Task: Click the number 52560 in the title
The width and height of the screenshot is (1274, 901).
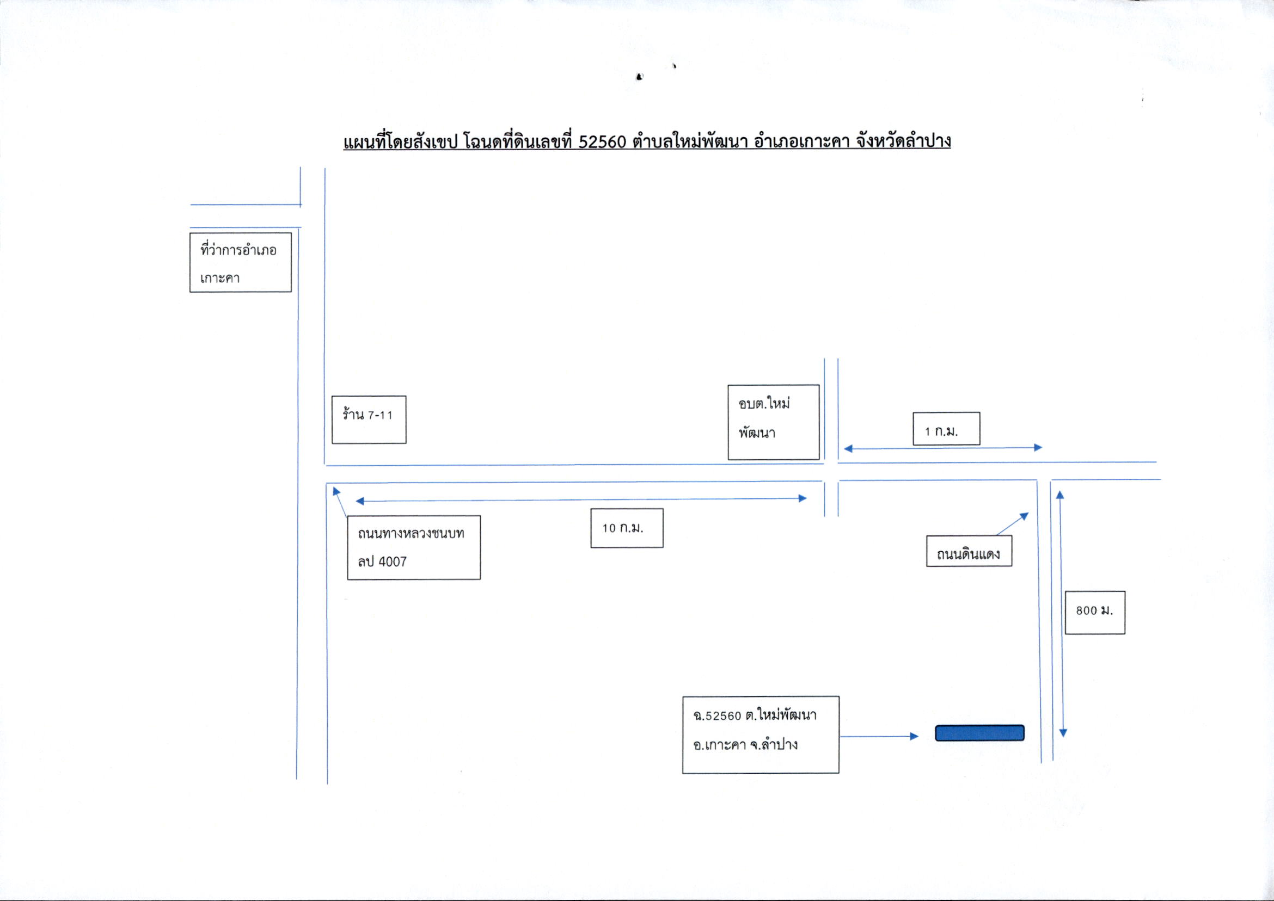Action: [x=602, y=142]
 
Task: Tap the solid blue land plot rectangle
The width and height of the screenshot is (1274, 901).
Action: [x=979, y=733]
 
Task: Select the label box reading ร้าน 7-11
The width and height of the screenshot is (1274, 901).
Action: [x=369, y=419]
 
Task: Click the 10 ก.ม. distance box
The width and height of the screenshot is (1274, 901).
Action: [x=626, y=528]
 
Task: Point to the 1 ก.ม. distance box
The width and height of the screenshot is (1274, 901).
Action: [x=946, y=428]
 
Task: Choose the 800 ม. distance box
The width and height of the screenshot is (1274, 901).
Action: [x=1095, y=613]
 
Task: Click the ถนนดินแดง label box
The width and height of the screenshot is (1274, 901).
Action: [x=969, y=551]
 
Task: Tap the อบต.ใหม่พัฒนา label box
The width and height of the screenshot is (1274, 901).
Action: [x=773, y=422]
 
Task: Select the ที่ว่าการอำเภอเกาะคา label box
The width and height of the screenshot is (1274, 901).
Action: [x=240, y=262]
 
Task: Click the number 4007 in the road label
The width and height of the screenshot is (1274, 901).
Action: [x=393, y=562]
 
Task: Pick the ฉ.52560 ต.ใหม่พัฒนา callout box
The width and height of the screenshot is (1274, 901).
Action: [x=761, y=735]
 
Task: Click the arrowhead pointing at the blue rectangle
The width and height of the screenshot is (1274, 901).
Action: [x=914, y=737]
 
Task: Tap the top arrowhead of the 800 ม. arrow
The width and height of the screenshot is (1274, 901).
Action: [x=1059, y=495]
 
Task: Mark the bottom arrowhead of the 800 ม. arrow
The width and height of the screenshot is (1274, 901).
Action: [x=1063, y=733]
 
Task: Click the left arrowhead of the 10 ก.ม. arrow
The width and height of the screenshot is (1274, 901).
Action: [x=360, y=501]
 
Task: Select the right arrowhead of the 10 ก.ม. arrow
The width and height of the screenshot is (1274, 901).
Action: [x=802, y=498]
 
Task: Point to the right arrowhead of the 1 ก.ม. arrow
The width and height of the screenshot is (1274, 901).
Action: [x=1038, y=447]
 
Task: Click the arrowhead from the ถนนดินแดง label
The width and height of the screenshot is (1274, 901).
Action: [x=1025, y=516]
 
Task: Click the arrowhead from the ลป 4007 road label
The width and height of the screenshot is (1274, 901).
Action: [x=336, y=491]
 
